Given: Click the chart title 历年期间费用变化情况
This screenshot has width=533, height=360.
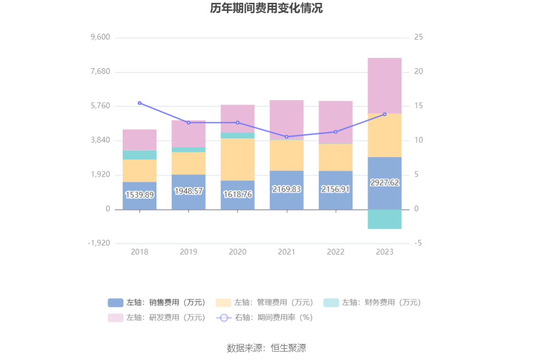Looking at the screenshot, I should click(266, 8).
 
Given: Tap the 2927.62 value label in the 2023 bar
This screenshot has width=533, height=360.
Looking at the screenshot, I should click(384, 182).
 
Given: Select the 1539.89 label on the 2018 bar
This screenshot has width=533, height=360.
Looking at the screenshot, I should click(140, 195).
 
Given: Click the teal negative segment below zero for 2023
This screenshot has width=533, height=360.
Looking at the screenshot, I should click(384, 219).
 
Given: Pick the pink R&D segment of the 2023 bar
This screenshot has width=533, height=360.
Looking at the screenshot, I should click(384, 86).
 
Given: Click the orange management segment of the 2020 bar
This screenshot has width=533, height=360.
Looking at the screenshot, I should click(237, 159).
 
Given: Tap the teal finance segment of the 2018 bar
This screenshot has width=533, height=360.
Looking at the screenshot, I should click(140, 155).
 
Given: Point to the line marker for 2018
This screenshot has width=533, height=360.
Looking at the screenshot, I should click(140, 103).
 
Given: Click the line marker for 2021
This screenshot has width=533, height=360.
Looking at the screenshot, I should click(287, 137).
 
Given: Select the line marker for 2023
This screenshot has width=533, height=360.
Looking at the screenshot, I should click(384, 114).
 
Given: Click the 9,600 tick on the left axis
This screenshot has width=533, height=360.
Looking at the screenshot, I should click(100, 37).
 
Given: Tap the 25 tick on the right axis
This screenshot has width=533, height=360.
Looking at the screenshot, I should click(418, 37).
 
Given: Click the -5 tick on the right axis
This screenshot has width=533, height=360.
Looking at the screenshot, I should click(418, 243).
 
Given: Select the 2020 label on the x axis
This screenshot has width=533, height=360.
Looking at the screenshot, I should click(237, 252).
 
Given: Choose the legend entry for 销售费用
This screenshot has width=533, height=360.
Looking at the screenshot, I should click(157, 303).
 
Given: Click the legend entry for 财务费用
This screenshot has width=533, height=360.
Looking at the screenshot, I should click(372, 303).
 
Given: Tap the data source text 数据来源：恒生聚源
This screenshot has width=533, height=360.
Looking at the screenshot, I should click(266, 348).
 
